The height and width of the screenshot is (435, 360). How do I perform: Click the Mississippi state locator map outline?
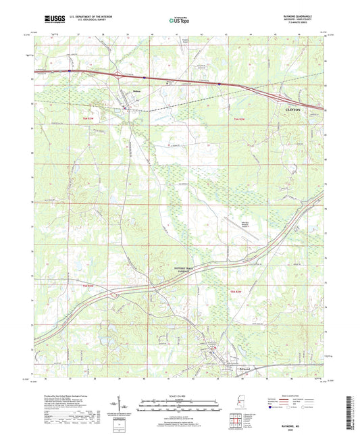point(241,403)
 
